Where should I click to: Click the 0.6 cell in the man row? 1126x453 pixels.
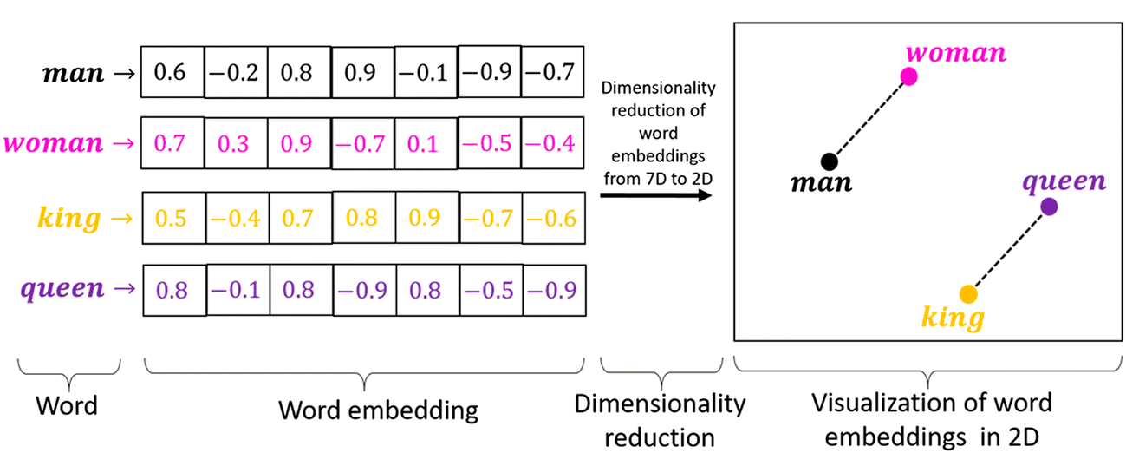172,72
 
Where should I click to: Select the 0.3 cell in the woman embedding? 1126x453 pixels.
236,143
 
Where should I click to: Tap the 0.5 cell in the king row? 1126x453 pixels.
174,218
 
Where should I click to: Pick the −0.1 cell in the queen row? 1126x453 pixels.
238,290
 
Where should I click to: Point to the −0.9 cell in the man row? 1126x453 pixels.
490,72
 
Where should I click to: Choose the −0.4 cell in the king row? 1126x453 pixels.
238,218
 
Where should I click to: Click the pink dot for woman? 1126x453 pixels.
908,76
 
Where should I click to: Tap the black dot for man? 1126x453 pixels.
830,161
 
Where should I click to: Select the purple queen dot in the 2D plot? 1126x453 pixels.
1049,207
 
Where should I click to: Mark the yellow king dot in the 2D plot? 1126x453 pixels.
968,294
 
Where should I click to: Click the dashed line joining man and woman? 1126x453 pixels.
869,119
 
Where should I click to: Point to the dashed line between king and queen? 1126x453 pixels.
1009,251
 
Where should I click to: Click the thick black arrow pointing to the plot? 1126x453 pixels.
656,194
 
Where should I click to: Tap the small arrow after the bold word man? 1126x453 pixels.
125,74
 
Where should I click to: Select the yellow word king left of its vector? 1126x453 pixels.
69,219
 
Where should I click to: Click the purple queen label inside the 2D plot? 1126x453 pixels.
1064,181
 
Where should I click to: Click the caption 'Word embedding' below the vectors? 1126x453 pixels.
379,410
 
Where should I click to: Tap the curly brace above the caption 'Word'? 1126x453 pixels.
69,374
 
